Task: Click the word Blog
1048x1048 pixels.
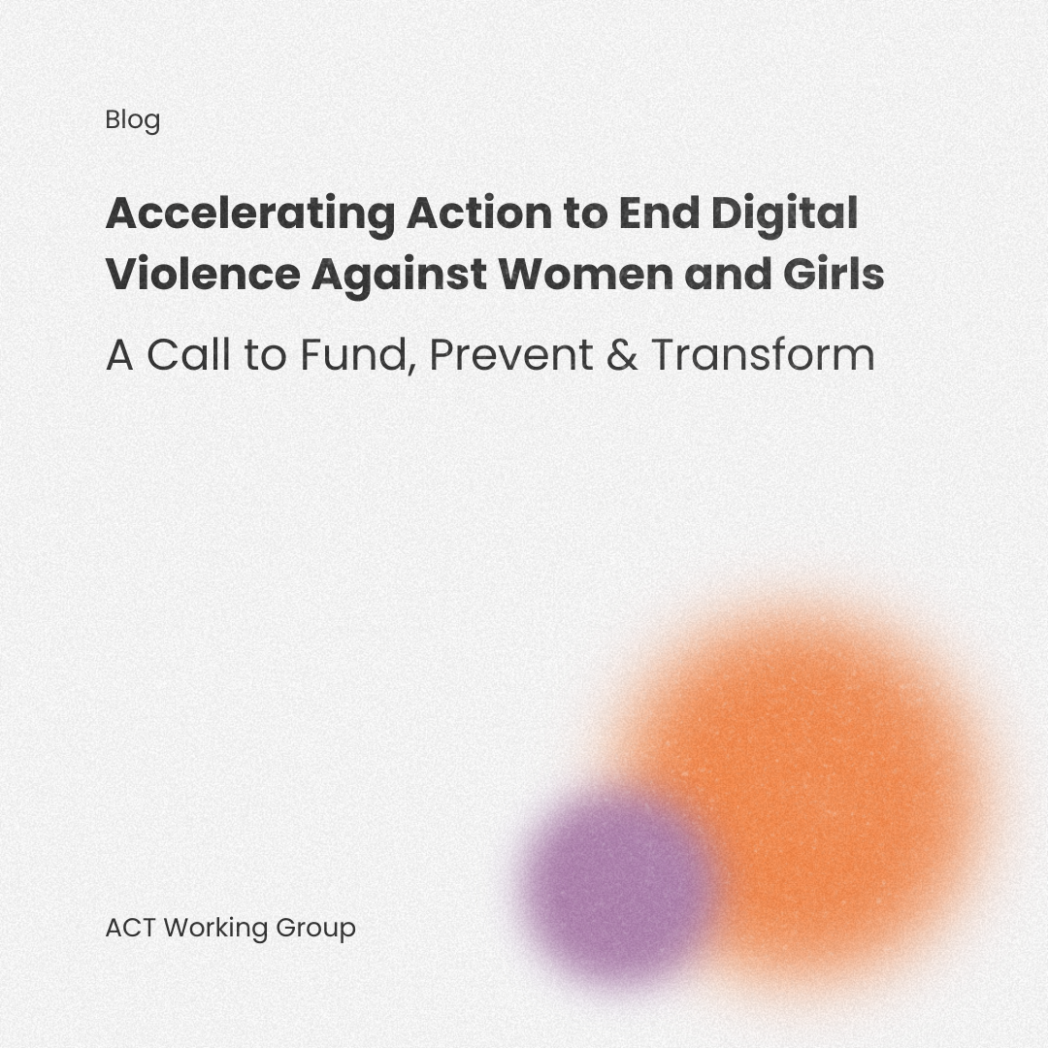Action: [x=132, y=120]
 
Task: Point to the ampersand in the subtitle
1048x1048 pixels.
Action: [x=622, y=355]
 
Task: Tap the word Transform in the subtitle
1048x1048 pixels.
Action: [x=763, y=355]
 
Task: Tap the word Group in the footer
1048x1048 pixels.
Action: [x=315, y=928]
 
